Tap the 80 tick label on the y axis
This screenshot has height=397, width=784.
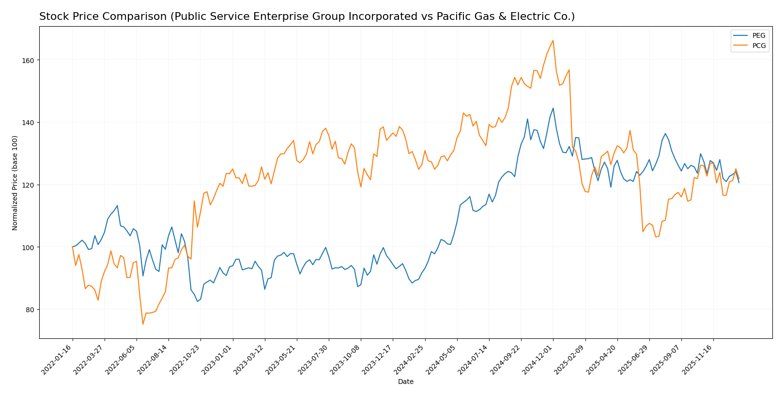pos(31,310)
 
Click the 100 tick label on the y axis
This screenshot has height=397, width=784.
pos(30,247)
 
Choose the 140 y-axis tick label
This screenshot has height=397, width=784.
pos(30,123)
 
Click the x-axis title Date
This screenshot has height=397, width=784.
pos(405,382)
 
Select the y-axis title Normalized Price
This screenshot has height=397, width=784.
pos(15,182)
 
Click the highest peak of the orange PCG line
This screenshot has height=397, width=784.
pos(553,40)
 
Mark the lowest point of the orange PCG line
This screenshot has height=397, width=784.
pos(143,324)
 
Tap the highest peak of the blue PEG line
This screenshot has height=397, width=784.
pos(553,108)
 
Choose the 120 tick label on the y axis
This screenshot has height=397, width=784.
pos(30,185)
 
